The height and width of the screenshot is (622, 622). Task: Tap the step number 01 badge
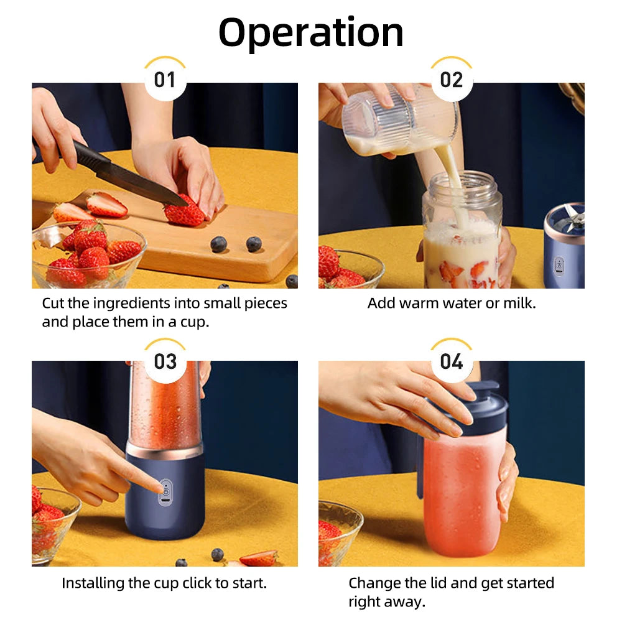165,80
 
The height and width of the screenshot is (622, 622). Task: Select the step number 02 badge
452,80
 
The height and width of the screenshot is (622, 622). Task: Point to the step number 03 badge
165,361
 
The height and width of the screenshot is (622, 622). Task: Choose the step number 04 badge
452,361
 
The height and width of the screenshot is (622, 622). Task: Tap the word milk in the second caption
521,304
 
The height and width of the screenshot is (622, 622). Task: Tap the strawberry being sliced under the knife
184,214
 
